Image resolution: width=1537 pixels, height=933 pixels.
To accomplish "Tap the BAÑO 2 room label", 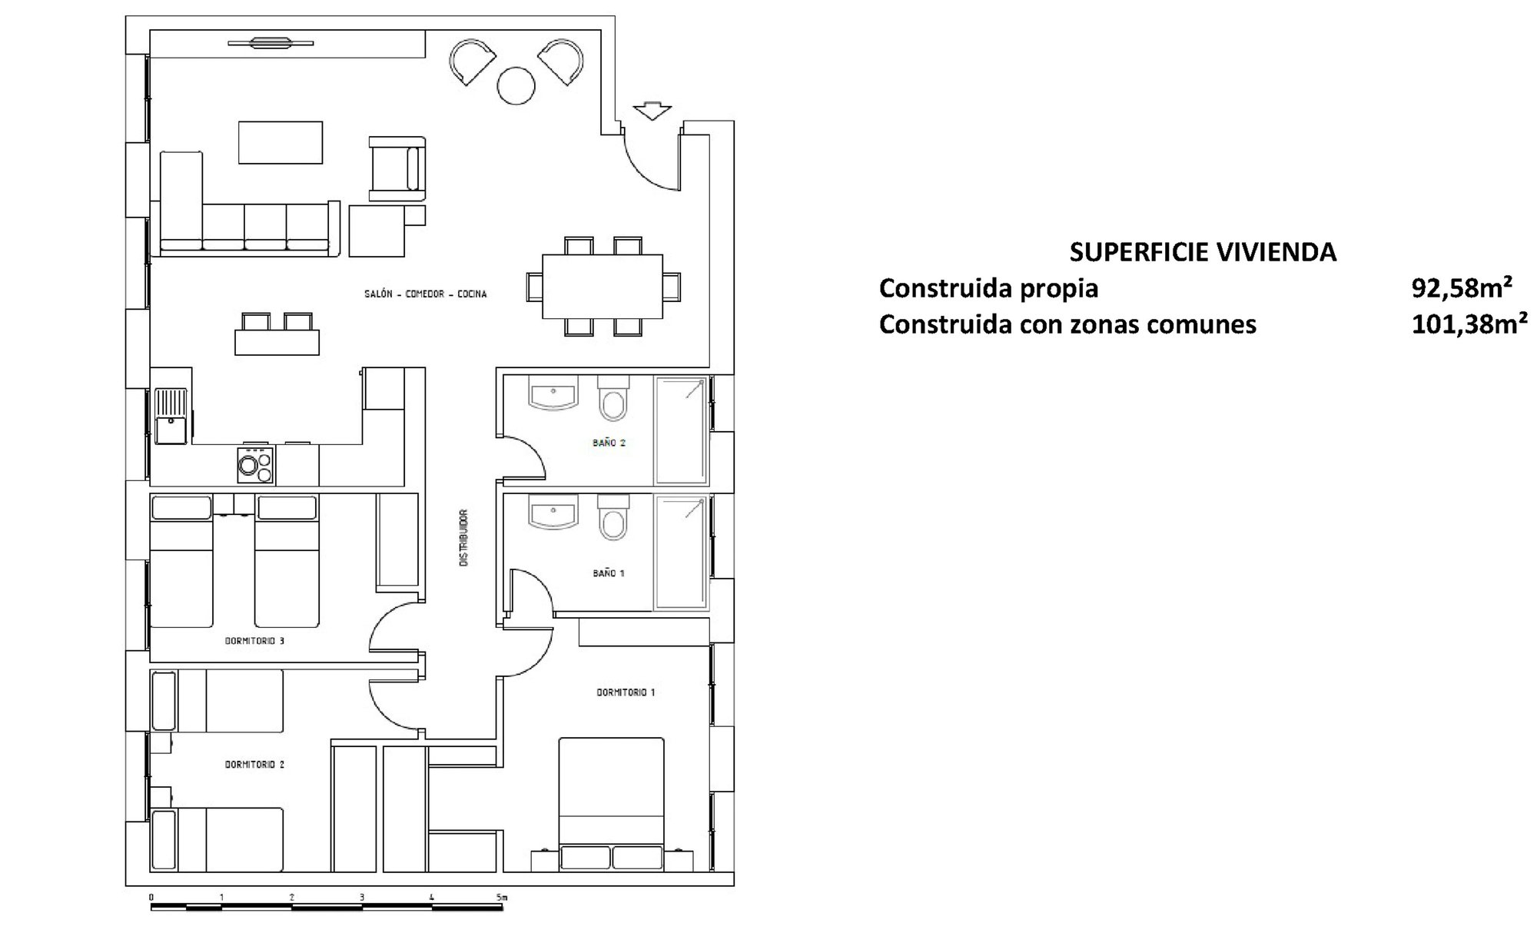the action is (x=609, y=443).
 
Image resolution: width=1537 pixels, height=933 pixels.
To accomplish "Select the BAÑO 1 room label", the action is (x=609, y=573).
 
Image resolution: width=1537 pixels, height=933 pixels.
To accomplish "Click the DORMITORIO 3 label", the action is (x=254, y=640).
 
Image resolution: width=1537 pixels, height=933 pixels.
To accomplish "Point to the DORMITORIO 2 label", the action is (x=254, y=765).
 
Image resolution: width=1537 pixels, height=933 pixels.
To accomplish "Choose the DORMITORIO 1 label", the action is (x=626, y=692).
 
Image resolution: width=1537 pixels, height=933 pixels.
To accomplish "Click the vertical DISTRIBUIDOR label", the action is (x=463, y=538).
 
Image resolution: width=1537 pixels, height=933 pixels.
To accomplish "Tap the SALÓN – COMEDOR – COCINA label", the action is (x=426, y=294).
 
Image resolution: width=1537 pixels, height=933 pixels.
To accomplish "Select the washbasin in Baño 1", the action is (x=553, y=512).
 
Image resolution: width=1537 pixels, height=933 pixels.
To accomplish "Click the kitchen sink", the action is (x=171, y=416).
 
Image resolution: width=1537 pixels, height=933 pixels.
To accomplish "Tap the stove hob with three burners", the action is (x=255, y=465).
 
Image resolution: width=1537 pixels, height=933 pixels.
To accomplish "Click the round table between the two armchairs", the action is (x=516, y=85).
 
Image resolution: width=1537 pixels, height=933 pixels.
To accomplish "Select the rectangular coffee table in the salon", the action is (x=281, y=142).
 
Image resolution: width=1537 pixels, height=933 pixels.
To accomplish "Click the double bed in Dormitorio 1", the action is (x=612, y=804).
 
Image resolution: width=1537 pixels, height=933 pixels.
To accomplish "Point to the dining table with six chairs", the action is (x=603, y=287).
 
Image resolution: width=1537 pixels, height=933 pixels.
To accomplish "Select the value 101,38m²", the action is (x=1469, y=324).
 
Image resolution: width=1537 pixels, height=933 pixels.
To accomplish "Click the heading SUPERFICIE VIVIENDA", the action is (x=1203, y=252).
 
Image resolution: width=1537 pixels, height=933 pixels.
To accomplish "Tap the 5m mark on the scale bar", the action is (x=502, y=897).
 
